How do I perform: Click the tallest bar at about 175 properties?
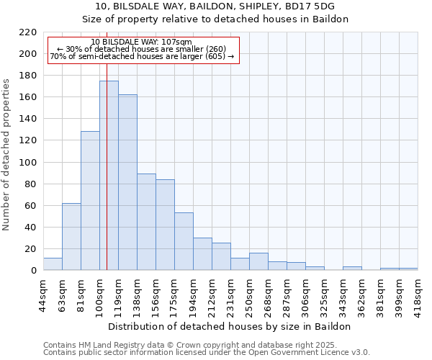tap(109, 176)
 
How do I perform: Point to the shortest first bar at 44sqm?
tap(53, 264)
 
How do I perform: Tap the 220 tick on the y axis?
tap(29, 32)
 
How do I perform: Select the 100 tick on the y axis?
tap(29, 163)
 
